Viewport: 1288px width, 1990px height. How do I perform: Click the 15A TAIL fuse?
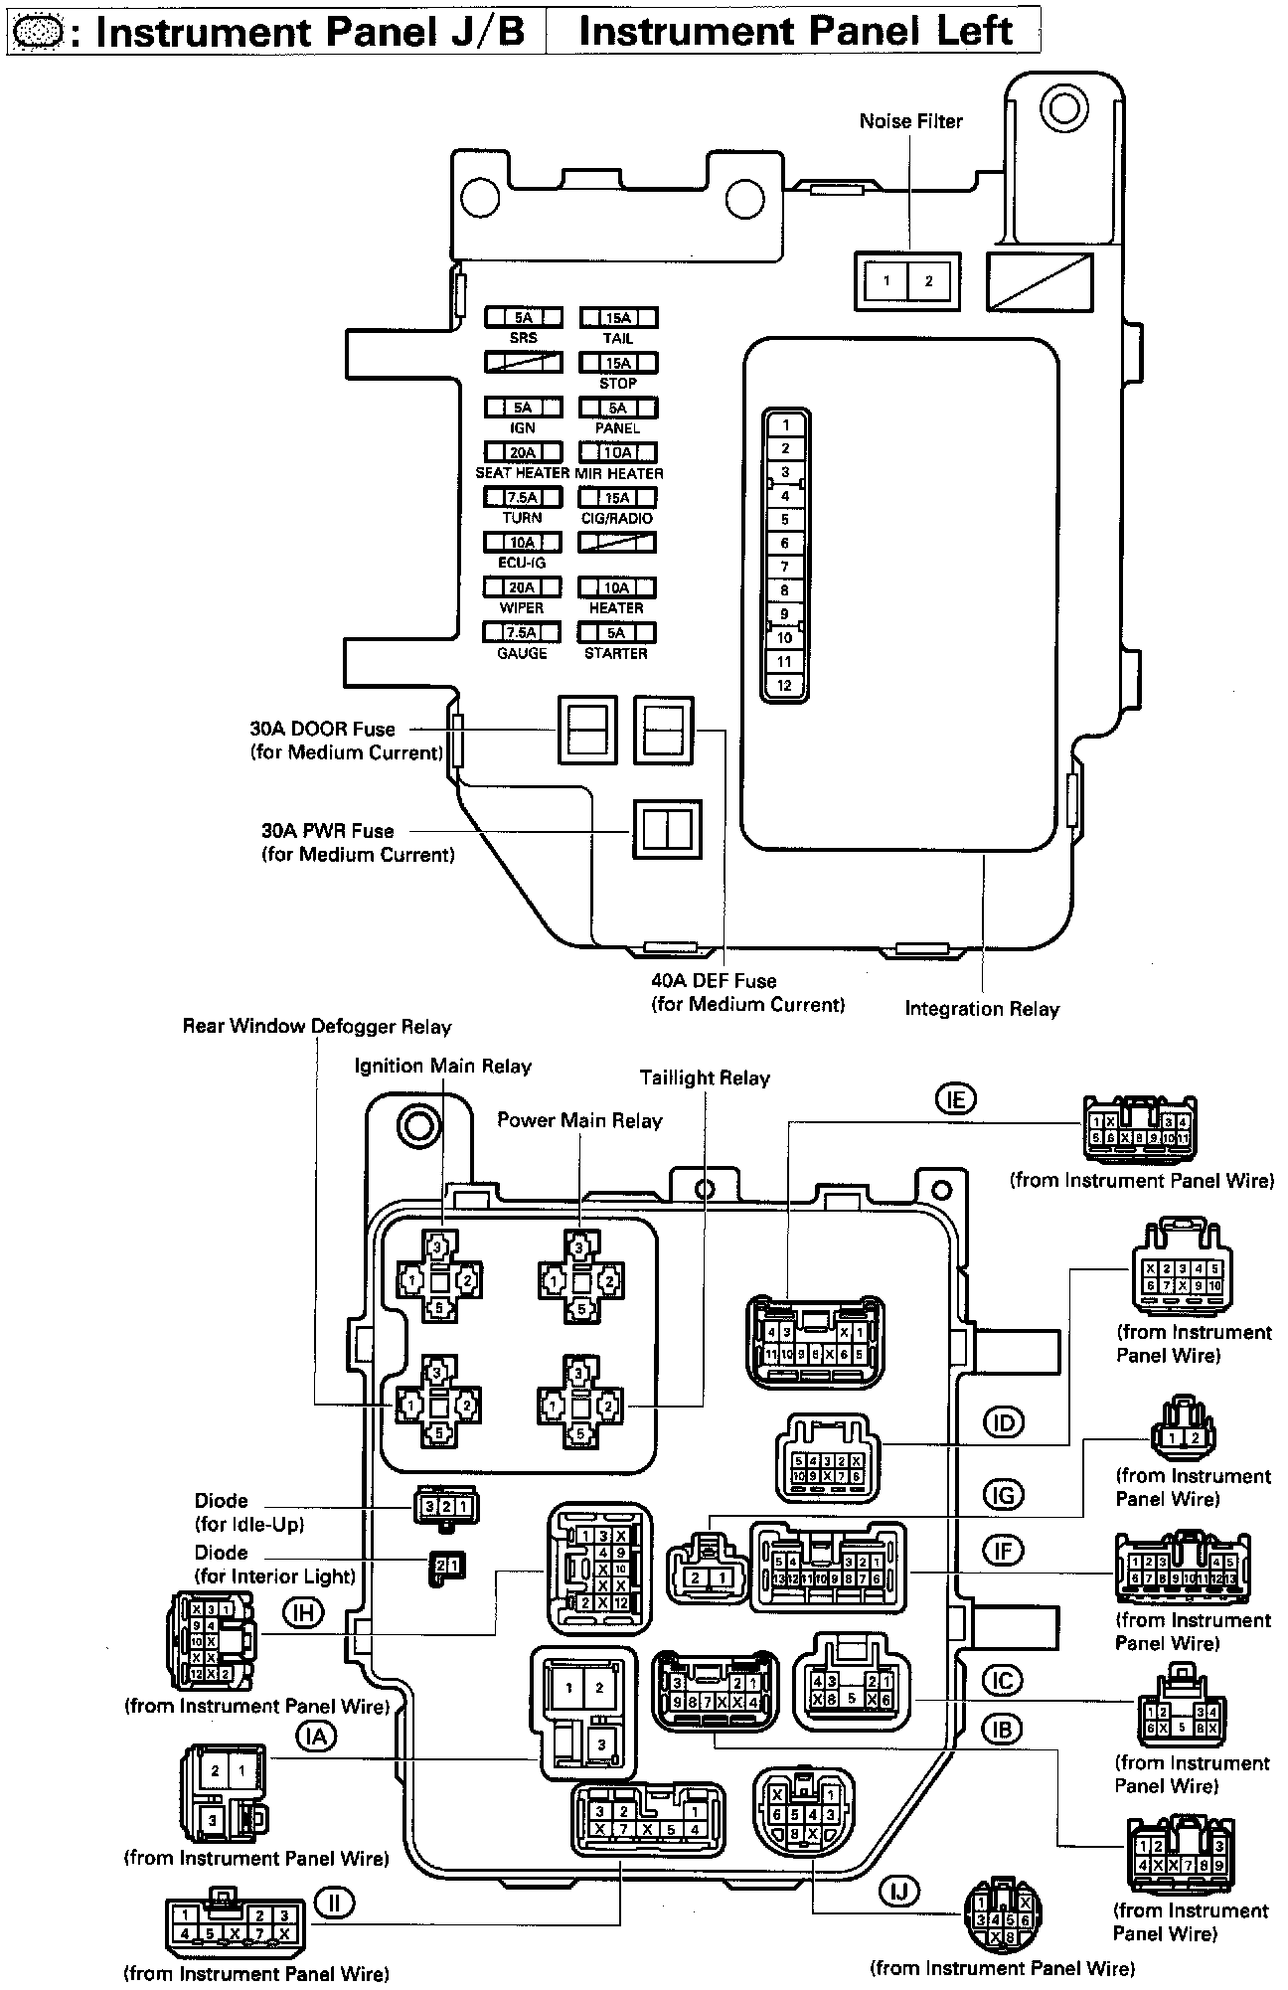point(618,318)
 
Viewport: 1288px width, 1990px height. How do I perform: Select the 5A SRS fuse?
point(523,318)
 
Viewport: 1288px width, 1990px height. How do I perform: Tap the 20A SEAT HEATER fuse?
point(523,453)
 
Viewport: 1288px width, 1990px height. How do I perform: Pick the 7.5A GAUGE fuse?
point(523,633)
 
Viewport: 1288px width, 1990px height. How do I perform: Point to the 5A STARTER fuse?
point(618,633)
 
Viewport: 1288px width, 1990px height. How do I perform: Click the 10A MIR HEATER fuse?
point(618,453)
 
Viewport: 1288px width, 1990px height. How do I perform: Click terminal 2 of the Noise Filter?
point(929,281)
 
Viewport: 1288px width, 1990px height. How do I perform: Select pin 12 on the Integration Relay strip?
point(785,686)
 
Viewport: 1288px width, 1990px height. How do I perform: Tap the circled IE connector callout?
point(955,1099)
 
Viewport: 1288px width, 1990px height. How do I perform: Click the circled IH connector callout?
point(302,1612)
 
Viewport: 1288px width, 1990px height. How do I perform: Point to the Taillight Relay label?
point(705,1078)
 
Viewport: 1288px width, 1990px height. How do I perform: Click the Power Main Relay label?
point(579,1121)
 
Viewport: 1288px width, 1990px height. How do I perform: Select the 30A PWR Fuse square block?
point(668,829)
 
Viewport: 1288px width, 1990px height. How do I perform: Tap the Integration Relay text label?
point(982,1009)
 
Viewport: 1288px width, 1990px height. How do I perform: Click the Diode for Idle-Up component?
point(446,1506)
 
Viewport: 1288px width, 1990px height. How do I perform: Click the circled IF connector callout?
point(1003,1551)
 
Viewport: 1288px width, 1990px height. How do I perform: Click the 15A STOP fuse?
point(618,364)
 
